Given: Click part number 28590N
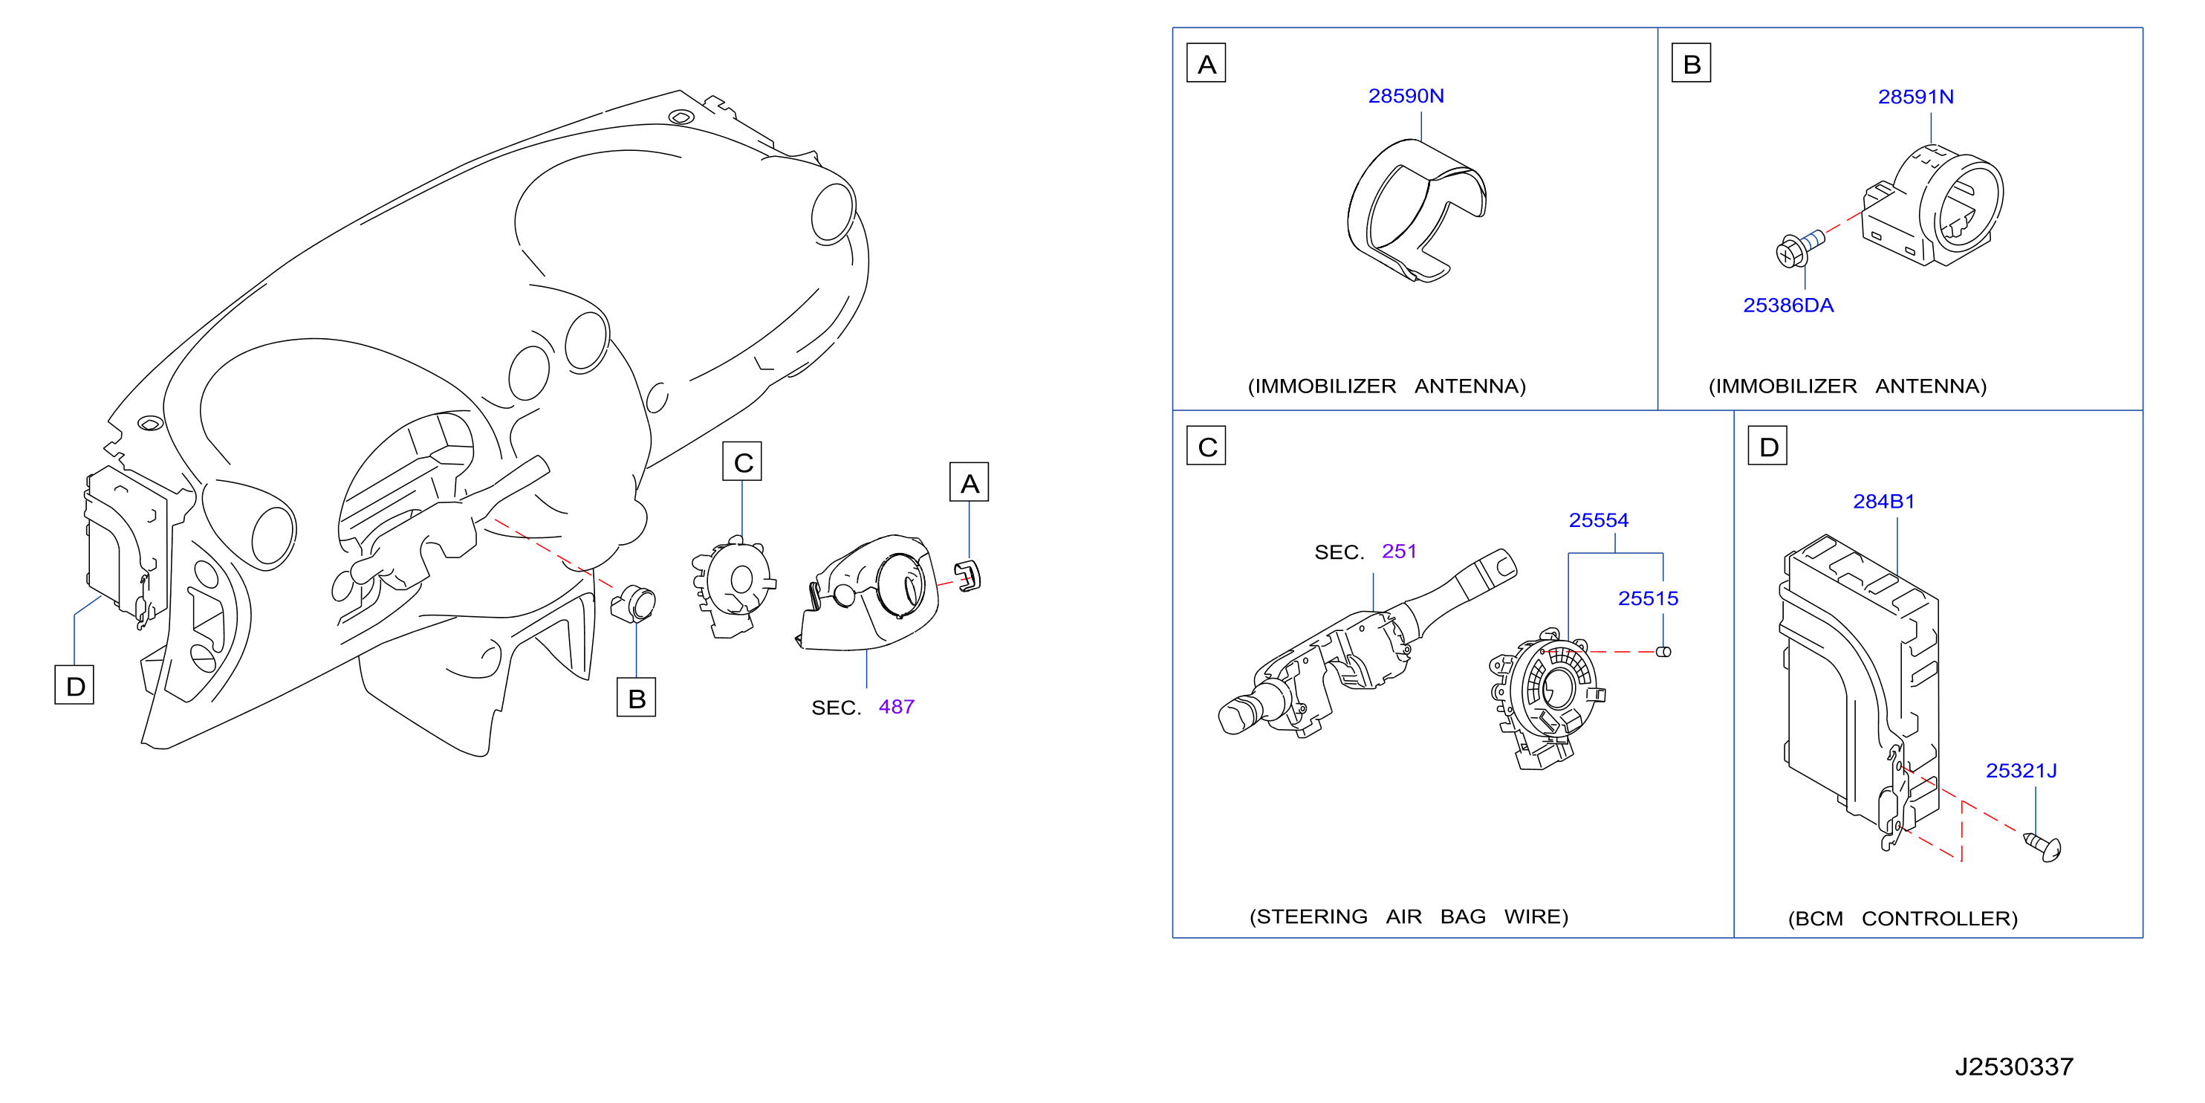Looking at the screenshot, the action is point(1406,96).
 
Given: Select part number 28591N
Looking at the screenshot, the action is point(1916,97).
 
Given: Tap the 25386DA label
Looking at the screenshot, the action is point(1788,305).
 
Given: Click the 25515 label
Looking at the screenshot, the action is point(1648,598).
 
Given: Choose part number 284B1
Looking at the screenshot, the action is point(1883,502).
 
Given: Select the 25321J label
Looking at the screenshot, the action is point(2021,771).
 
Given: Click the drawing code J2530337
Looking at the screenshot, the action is point(2013,1067).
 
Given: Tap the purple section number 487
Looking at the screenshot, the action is point(896,707).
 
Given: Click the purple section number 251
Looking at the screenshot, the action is point(1399,551).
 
